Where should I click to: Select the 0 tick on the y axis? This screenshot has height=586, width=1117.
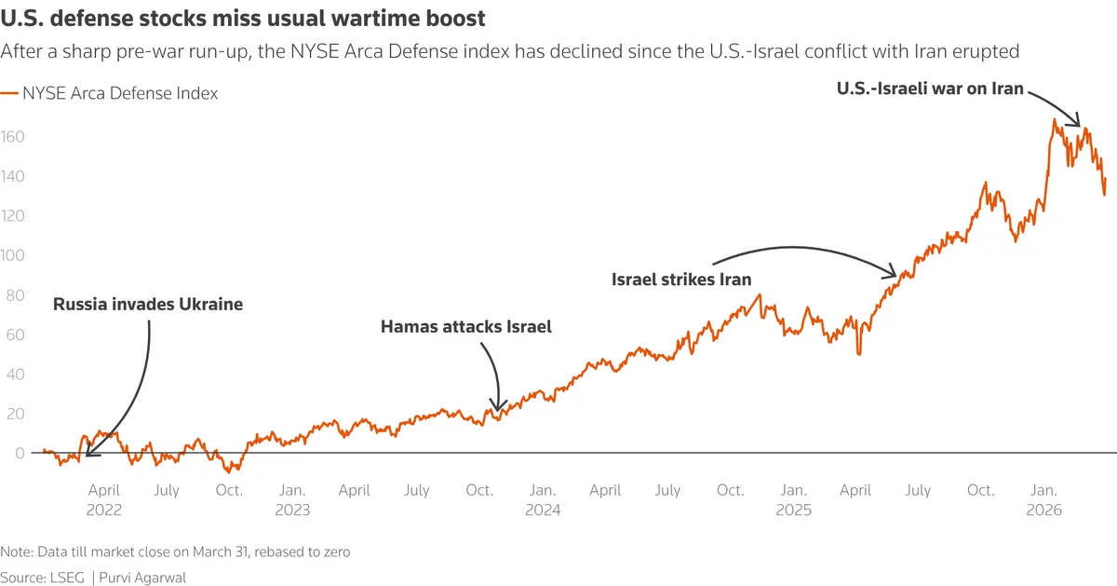[x=7, y=453]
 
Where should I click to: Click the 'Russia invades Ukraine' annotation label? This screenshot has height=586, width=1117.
[x=148, y=304]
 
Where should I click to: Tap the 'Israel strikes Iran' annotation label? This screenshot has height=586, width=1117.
[x=681, y=279]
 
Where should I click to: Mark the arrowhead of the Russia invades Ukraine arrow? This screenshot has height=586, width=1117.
[x=87, y=456]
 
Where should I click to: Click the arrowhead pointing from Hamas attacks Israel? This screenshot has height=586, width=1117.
[x=498, y=409]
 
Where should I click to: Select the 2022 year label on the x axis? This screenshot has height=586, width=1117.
[x=104, y=510]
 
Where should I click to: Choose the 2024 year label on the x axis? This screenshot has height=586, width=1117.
[x=543, y=510]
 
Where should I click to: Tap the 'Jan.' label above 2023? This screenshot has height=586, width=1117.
[x=292, y=490]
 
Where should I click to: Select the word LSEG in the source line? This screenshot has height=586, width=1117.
[x=66, y=578]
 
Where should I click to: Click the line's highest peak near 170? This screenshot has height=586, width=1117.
[x=1055, y=119]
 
